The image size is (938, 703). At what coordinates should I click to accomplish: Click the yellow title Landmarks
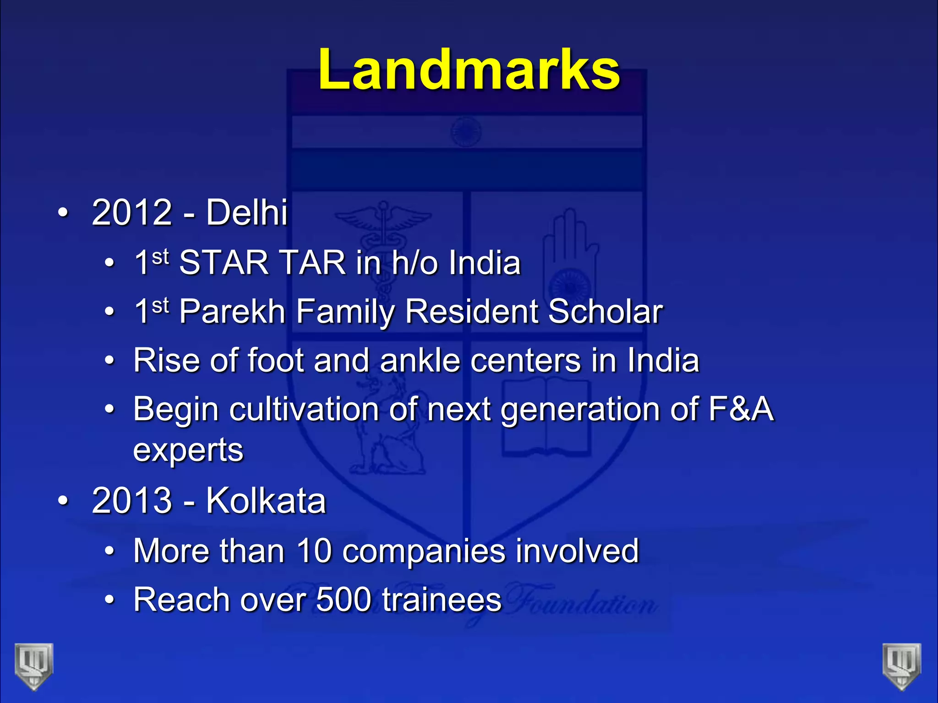[469, 70]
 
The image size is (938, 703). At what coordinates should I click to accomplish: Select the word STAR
[224, 263]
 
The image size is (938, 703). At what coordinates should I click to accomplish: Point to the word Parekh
[232, 312]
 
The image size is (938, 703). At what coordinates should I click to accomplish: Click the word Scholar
[605, 312]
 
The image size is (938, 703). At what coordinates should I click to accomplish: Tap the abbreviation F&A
[741, 409]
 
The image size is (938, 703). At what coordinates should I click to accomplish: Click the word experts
[188, 451]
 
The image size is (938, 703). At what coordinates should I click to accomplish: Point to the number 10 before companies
[314, 551]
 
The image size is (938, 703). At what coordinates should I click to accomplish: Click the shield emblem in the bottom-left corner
[34, 666]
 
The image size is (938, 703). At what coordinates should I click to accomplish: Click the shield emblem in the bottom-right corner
[902, 666]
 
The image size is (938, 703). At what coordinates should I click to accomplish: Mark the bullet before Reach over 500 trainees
[109, 600]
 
